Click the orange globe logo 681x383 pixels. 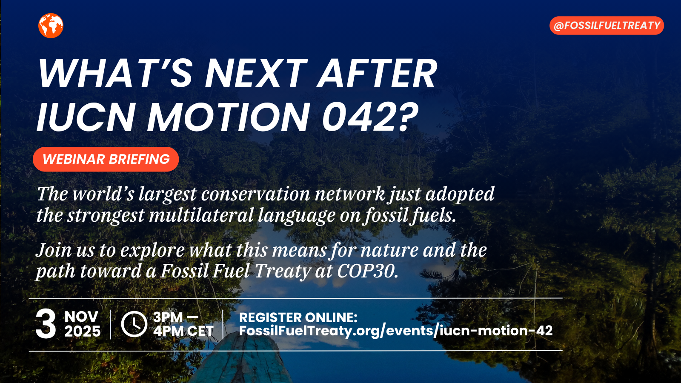[x=51, y=26]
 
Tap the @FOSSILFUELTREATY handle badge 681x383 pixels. [x=607, y=26]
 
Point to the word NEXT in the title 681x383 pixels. [x=256, y=73]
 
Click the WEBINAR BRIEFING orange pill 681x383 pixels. [x=106, y=159]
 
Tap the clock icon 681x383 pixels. [x=134, y=324]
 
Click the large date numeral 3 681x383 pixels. [x=46, y=324]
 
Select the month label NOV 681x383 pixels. [x=81, y=317]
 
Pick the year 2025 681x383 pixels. [x=83, y=332]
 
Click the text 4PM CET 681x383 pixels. [x=183, y=331]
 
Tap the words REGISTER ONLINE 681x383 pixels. [x=298, y=317]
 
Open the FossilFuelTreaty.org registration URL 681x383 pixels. [x=396, y=331]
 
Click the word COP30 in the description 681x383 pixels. [x=367, y=271]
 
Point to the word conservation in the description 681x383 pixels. [x=255, y=194]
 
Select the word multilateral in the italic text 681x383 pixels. [x=201, y=215]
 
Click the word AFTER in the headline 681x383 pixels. [x=378, y=73]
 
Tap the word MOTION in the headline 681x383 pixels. [x=229, y=117]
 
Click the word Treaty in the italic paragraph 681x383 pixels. [x=283, y=271]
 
